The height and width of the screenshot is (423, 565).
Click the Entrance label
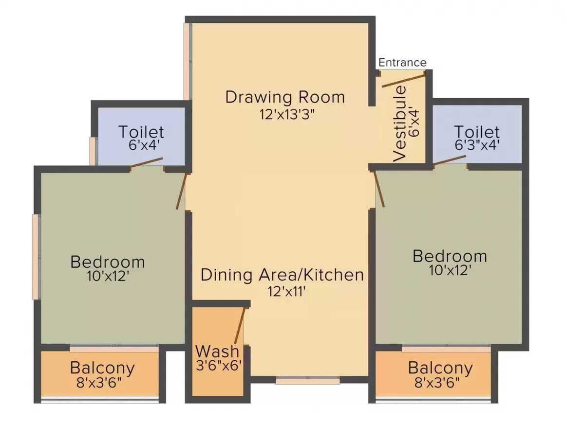coord(402,63)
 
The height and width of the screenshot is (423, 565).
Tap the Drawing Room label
coord(285,97)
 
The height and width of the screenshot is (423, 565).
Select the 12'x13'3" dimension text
coord(287,114)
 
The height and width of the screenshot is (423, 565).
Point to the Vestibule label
coord(400,123)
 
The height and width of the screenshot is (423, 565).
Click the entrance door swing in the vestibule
coord(404,79)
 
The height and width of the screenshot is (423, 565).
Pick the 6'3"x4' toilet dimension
coord(477,145)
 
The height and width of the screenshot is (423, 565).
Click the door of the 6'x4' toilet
coord(146,162)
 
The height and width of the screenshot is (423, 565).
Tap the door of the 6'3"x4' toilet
coord(450,160)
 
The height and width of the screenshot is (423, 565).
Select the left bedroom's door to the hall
coord(182,192)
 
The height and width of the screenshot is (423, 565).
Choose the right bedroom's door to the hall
coord(378,189)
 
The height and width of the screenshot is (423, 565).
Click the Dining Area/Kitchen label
coord(282,275)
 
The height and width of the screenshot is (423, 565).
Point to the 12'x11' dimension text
coord(286,291)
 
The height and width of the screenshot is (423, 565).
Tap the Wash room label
coord(217,351)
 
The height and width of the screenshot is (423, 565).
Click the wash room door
coord(240,326)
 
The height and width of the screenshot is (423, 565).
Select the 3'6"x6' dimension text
coord(218,366)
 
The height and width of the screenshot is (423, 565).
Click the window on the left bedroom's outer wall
coord(36,257)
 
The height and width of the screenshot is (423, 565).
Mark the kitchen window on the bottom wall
coord(308,380)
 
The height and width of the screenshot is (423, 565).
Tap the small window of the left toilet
coord(94,151)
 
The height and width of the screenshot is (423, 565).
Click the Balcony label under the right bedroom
coord(440,368)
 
